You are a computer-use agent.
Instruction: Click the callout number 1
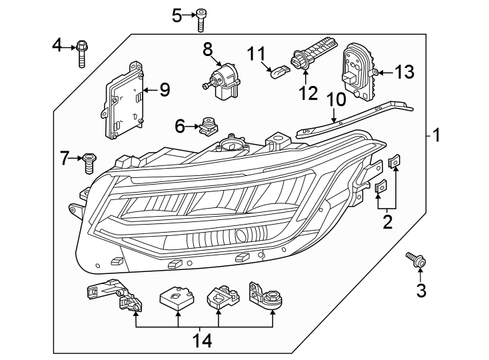point(436,137)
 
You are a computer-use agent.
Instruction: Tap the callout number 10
point(336,100)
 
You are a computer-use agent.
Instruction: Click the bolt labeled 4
point(82,53)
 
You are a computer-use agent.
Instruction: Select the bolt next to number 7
point(88,162)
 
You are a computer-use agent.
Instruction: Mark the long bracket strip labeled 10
point(360,117)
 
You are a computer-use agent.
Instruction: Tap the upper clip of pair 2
point(395,161)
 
